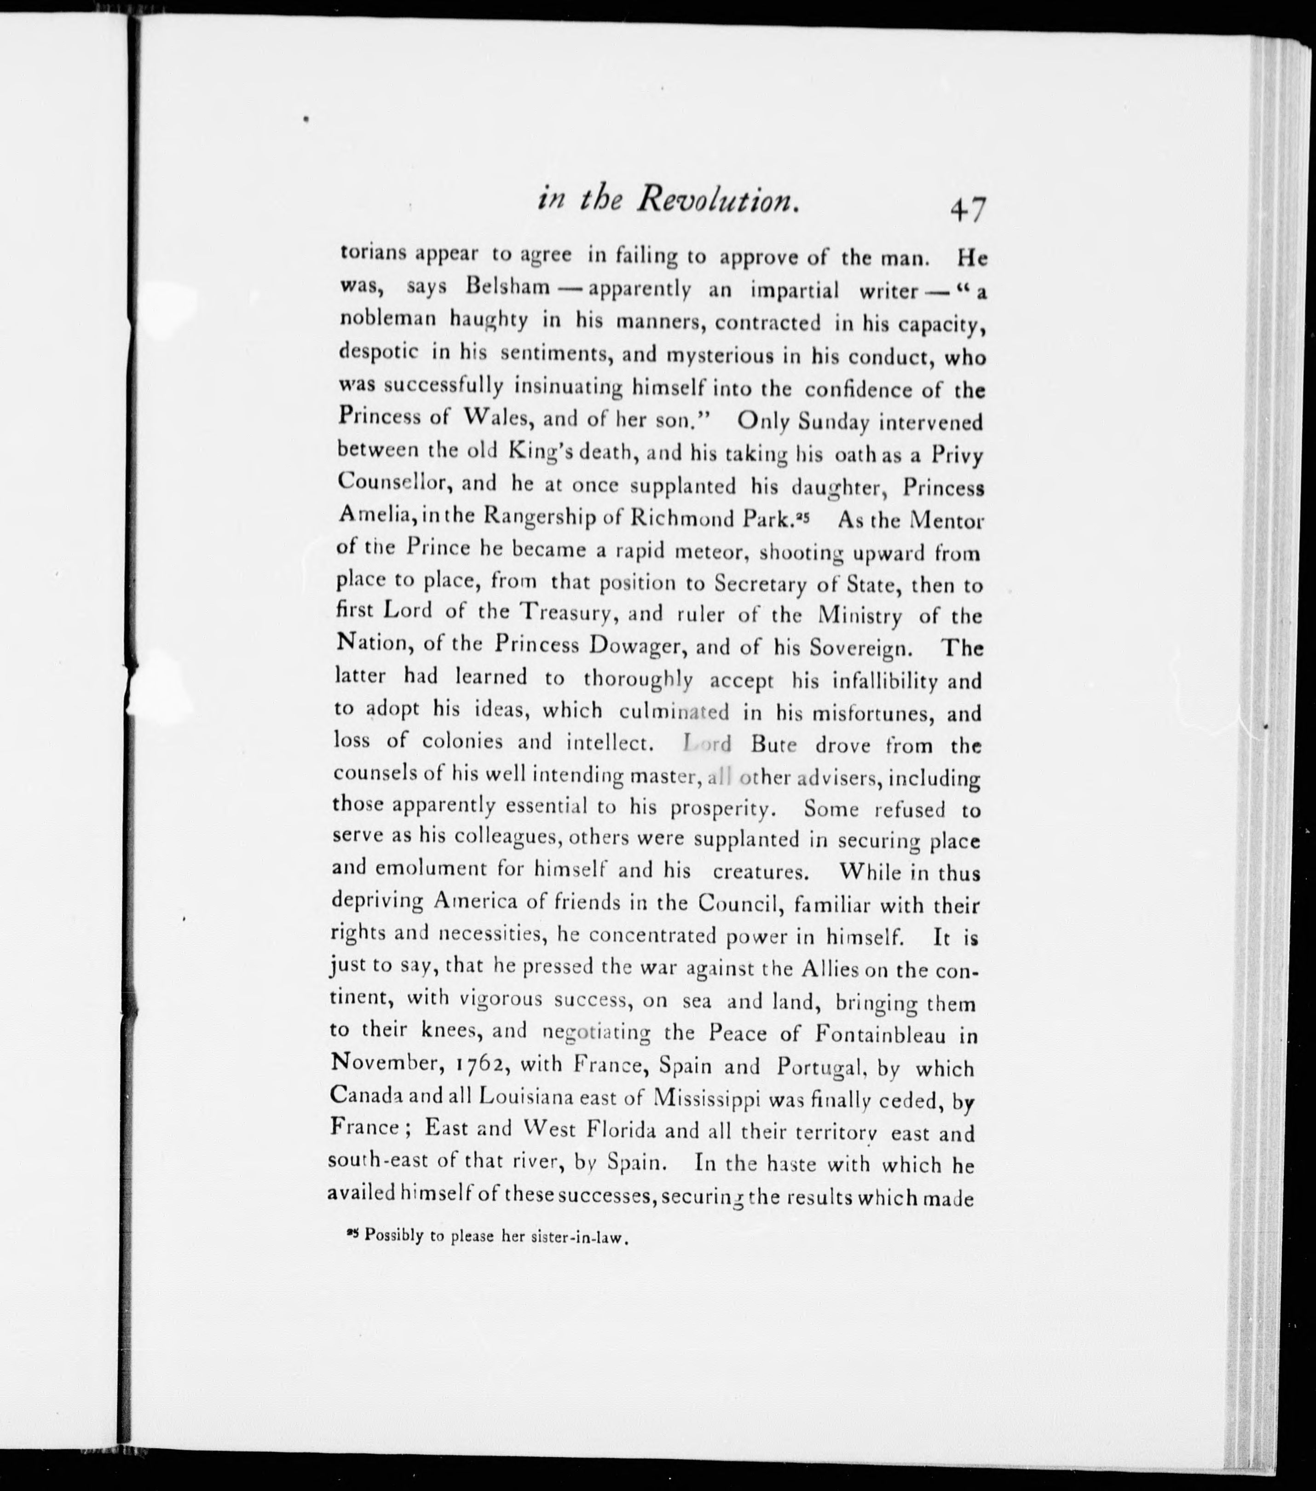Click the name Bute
(x=773, y=745)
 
